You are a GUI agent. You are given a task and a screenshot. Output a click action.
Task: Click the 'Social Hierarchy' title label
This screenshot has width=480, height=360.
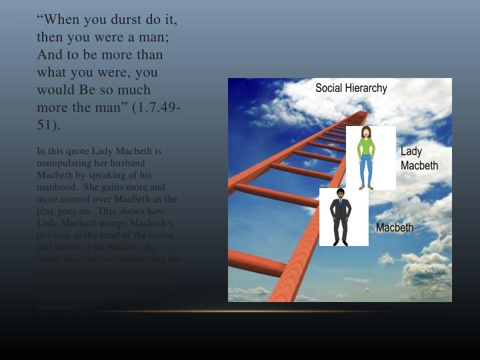tap(351, 88)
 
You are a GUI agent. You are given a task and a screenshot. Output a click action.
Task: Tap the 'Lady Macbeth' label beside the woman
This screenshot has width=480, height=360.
tap(419, 159)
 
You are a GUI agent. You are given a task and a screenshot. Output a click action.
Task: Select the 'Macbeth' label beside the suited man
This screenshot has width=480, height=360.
tap(395, 228)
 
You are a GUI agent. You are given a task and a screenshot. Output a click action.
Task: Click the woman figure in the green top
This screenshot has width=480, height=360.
tap(366, 157)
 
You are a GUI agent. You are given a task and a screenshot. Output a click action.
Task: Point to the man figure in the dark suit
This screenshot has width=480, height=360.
tap(341, 217)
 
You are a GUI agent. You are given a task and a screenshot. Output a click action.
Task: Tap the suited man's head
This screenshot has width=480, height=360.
tap(341, 193)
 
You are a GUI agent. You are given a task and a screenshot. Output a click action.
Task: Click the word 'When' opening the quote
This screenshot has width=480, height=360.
tap(58, 19)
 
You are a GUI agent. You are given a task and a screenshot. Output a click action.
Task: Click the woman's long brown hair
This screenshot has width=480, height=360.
tap(366, 133)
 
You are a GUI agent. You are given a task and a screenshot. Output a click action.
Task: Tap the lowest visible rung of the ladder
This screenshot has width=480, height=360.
tap(257, 262)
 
